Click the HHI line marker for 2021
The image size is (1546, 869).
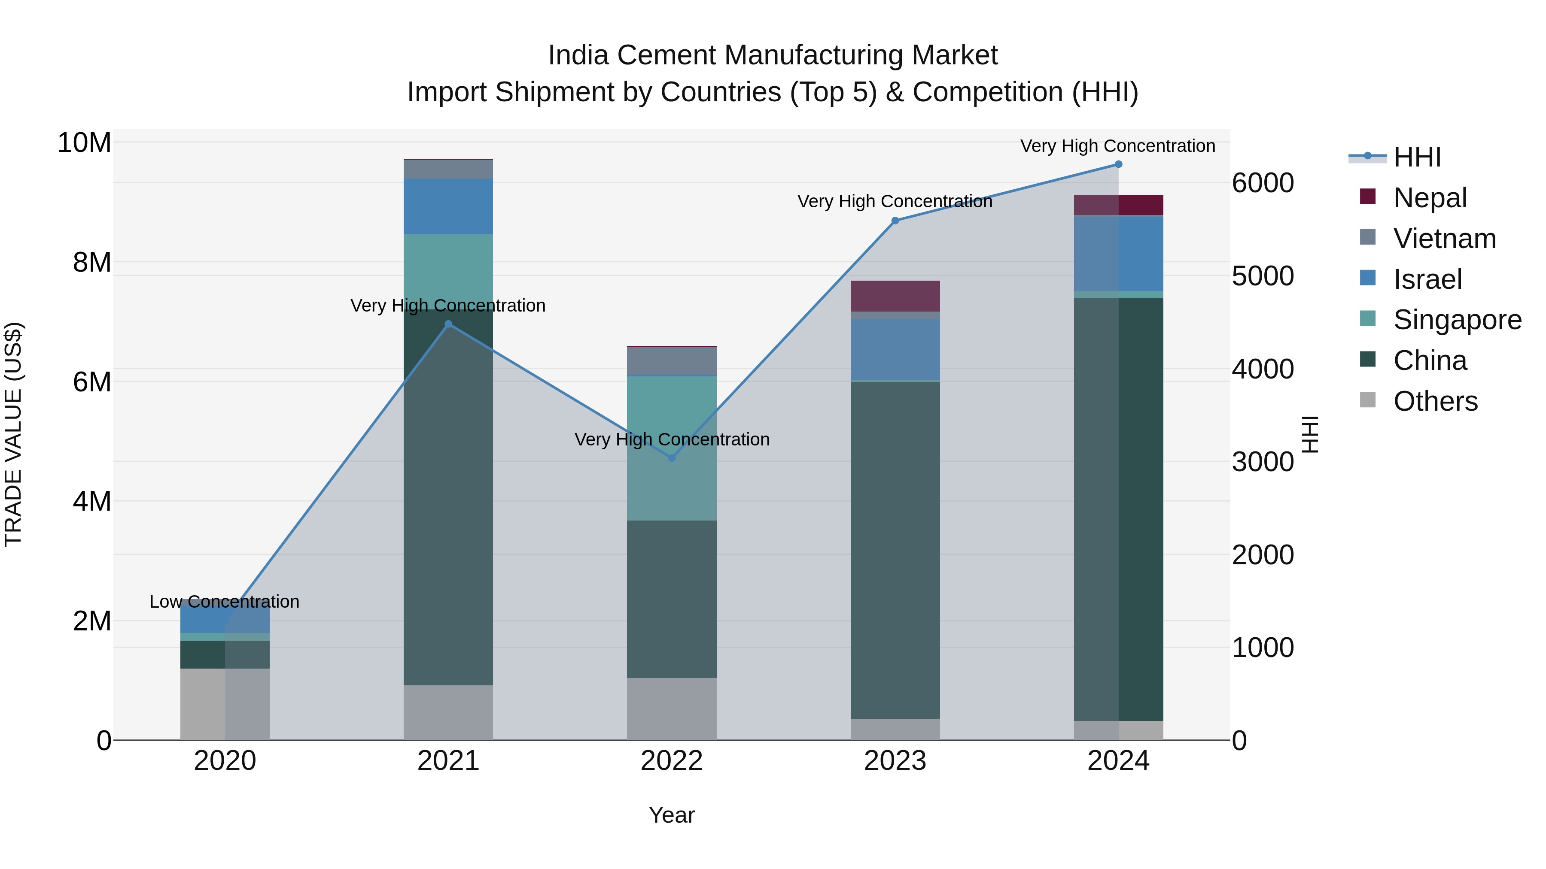pyautogui.click(x=448, y=324)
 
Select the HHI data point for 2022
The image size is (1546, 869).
pyautogui.click(x=672, y=458)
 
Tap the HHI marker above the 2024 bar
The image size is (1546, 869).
pyautogui.click(x=1118, y=164)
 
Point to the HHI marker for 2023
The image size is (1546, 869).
pyautogui.click(x=895, y=221)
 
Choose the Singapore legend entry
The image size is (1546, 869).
pyautogui.click(x=1457, y=320)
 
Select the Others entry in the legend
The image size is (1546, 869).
pyautogui.click(x=1434, y=401)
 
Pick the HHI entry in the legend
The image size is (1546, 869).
pyautogui.click(x=1416, y=157)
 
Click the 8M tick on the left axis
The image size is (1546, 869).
pyautogui.click(x=92, y=263)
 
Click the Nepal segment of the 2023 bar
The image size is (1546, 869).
pyautogui.click(x=895, y=296)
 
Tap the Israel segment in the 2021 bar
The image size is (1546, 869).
pyautogui.click(x=448, y=206)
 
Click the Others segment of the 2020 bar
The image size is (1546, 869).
pyautogui.click(x=225, y=704)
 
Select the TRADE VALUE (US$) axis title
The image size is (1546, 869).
pyautogui.click(x=14, y=434)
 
